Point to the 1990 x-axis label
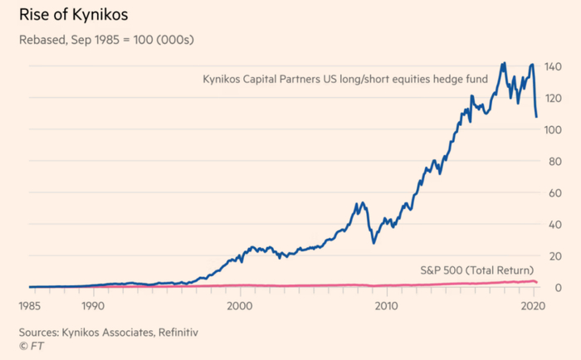click(x=93, y=304)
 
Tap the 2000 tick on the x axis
click(x=239, y=304)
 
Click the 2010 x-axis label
click(x=385, y=304)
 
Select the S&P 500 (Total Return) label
click(x=476, y=270)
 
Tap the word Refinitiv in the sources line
click(x=175, y=332)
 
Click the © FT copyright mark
click(x=30, y=345)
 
